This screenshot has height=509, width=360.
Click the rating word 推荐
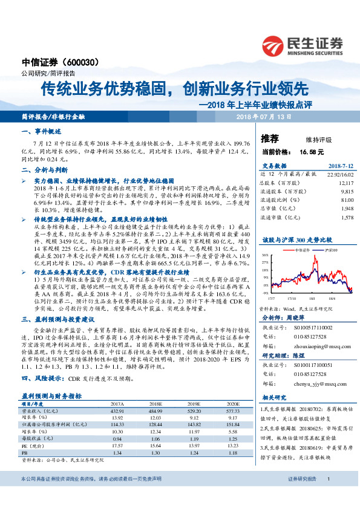(x=270, y=138)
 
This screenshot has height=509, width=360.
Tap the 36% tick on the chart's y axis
(x=264, y=255)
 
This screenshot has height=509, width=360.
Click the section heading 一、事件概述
(x=41, y=131)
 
